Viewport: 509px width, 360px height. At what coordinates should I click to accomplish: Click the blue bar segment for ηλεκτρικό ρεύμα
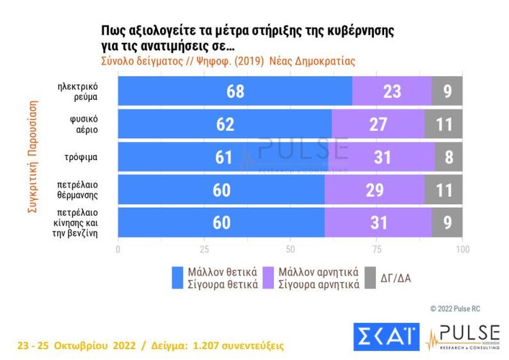(x=235, y=92)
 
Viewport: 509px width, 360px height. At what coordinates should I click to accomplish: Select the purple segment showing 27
(x=378, y=124)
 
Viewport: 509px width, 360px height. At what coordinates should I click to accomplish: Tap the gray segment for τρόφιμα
(x=448, y=157)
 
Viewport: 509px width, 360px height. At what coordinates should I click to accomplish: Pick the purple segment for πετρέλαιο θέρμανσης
(x=374, y=190)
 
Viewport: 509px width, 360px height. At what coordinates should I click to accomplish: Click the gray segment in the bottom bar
(x=447, y=222)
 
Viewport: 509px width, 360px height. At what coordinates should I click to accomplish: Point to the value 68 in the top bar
(x=235, y=92)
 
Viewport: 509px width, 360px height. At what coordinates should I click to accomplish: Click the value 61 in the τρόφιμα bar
(x=224, y=158)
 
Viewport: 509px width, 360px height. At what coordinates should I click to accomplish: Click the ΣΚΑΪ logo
(x=386, y=336)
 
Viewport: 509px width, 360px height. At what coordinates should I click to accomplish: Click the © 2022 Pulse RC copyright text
(x=455, y=309)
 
